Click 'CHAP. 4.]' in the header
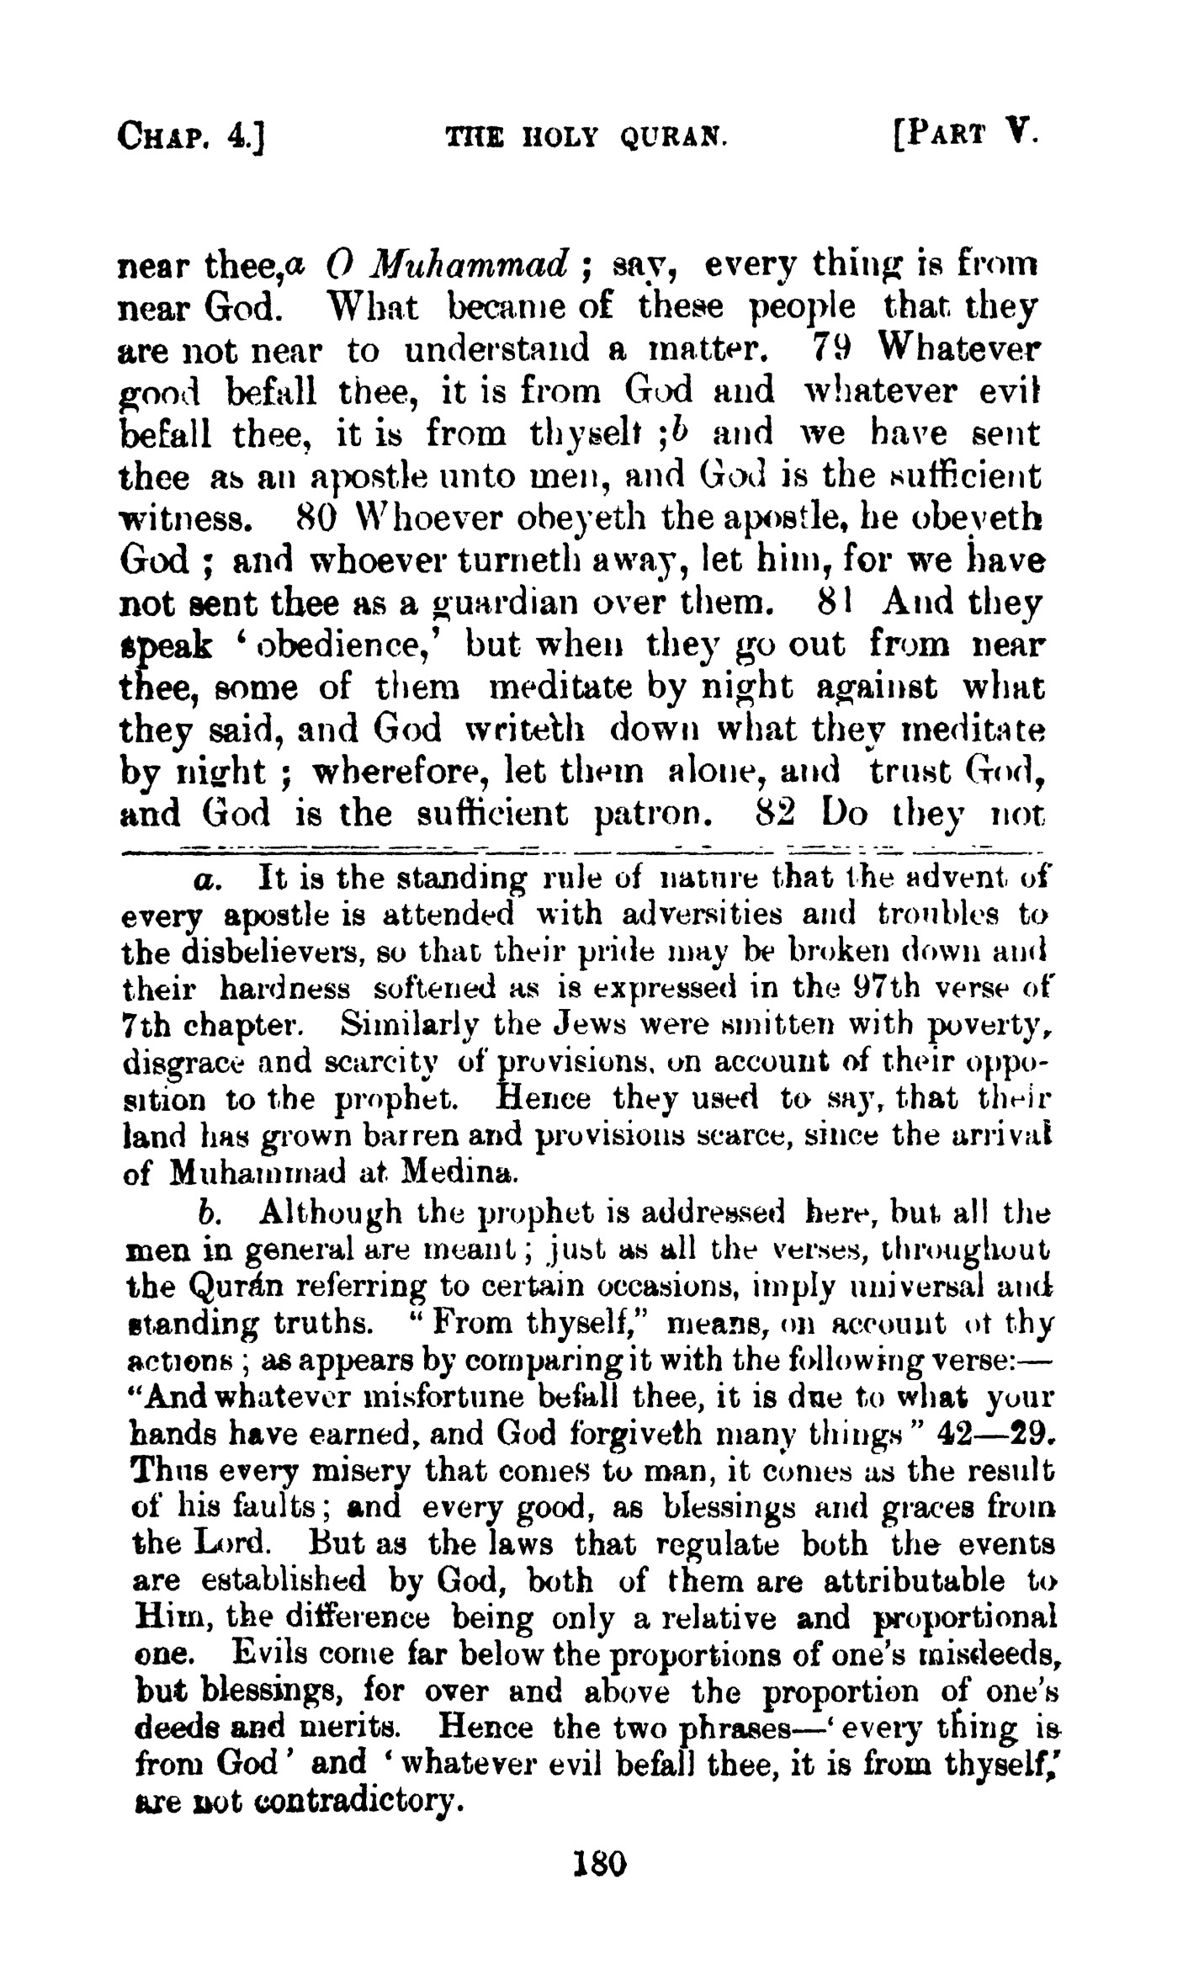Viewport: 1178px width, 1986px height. tap(193, 135)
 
